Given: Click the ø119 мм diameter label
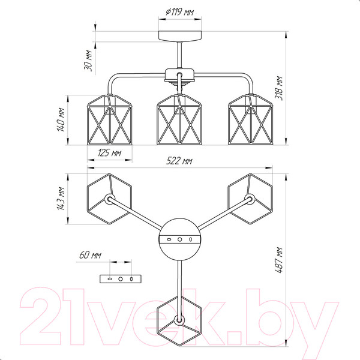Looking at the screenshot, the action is tap(180, 12).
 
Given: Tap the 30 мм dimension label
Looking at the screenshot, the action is tap(88, 61).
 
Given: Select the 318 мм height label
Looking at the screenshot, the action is tap(279, 88).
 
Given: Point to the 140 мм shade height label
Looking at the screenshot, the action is tap(61, 120).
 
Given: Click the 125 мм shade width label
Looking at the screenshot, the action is tap(110, 152).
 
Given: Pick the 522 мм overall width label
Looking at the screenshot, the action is tap(179, 161).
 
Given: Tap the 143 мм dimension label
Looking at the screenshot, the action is tap(61, 199).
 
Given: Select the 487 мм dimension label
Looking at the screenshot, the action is tap(279, 260).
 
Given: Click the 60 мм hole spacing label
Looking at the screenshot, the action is tap(90, 255).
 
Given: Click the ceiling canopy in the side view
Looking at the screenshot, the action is tap(180, 36).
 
